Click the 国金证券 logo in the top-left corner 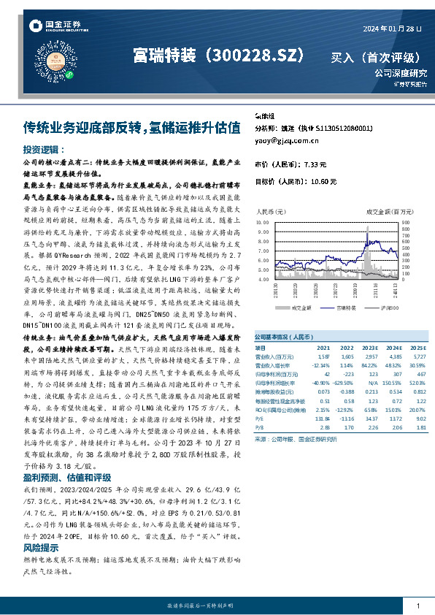[x=54, y=28]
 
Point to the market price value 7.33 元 [x=323, y=164]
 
